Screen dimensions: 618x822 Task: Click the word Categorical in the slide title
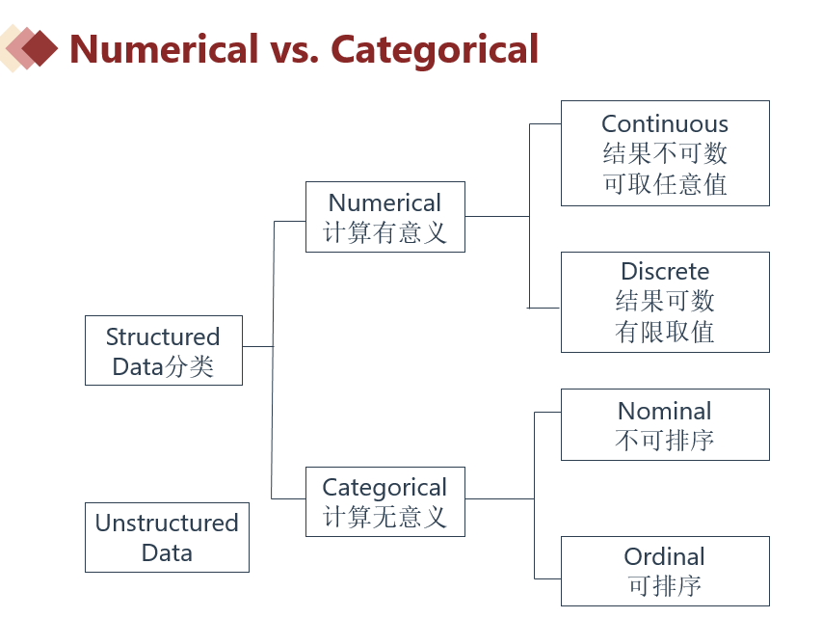(x=435, y=48)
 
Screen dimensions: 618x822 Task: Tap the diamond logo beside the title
(x=31, y=47)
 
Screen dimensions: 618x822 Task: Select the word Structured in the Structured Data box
(x=163, y=336)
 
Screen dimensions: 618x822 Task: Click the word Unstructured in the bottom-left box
(x=167, y=523)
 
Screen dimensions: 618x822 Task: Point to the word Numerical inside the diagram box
(x=384, y=202)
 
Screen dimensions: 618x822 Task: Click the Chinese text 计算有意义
(x=384, y=233)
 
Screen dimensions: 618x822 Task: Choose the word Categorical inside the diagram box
(x=384, y=487)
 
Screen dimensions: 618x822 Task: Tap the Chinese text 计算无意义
(x=384, y=518)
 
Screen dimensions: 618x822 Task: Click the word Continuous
(x=665, y=123)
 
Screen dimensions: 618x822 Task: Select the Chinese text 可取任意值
(x=665, y=184)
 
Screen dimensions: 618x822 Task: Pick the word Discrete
(x=665, y=271)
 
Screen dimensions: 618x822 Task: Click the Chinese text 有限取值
(x=665, y=333)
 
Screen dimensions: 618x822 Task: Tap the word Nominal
(x=665, y=411)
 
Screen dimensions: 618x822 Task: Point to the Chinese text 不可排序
(x=665, y=442)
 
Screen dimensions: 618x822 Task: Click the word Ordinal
(x=665, y=556)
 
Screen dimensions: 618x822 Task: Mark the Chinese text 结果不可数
(x=665, y=153)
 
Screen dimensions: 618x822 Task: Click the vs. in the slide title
(x=294, y=48)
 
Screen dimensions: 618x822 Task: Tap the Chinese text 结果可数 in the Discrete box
(x=665, y=302)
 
